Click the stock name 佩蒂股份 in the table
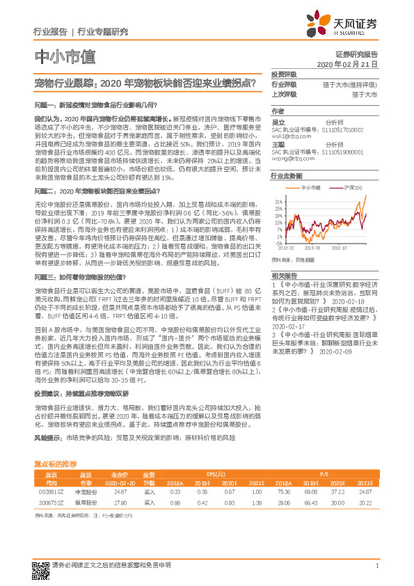point(86,501)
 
